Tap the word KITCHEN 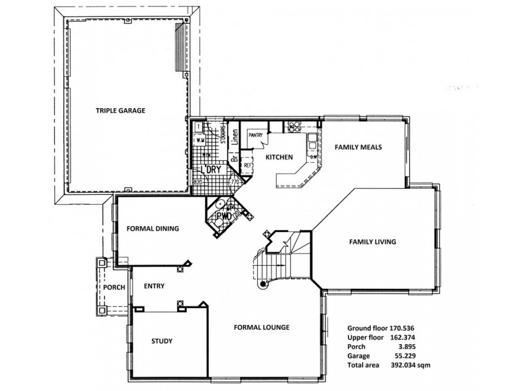[278, 157]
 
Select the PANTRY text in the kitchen [254, 135]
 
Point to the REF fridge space [247, 166]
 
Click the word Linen [234, 136]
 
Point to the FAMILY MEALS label [358, 147]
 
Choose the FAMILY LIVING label [373, 242]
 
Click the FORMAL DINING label [153, 229]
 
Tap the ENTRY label [154, 286]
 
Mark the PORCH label [114, 287]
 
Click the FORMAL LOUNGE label [262, 327]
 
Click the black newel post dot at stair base [263, 284]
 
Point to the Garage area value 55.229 [419, 357]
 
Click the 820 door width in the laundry [197, 182]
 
